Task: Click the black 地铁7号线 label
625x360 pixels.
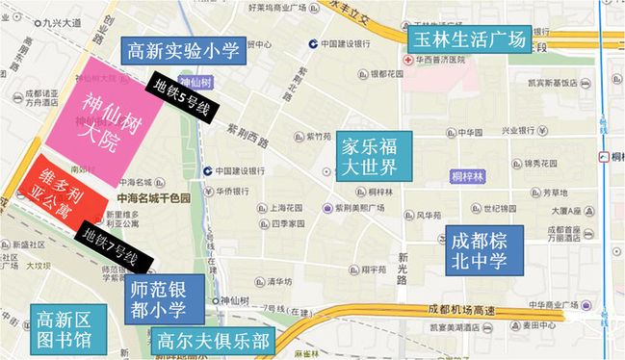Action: click(111, 244)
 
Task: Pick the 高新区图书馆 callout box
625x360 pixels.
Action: click(63, 329)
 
